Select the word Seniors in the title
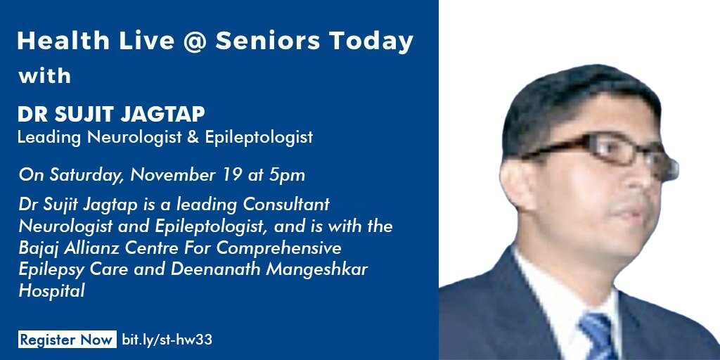[x=268, y=41]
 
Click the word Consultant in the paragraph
[x=286, y=205]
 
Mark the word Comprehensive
[x=279, y=249]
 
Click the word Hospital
[x=51, y=292]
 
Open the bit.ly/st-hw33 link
[x=167, y=340]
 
